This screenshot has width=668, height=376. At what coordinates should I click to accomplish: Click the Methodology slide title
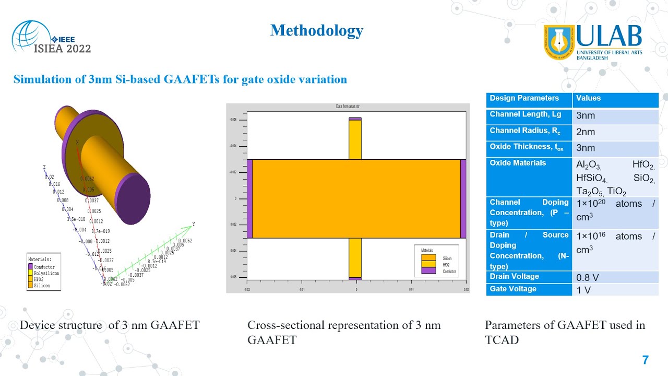click(316, 30)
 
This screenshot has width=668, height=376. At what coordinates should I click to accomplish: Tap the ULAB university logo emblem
click(558, 41)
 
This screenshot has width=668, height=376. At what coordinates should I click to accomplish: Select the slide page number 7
click(645, 360)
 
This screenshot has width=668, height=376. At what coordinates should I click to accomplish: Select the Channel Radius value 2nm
click(585, 132)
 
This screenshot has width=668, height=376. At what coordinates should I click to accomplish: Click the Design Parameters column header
click(524, 98)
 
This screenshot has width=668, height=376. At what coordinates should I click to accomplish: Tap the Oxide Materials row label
click(518, 163)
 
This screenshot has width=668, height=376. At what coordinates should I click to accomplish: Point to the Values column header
click(588, 98)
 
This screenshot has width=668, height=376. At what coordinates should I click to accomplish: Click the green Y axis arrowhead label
click(194, 224)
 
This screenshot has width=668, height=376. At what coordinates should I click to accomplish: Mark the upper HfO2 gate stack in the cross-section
click(355, 139)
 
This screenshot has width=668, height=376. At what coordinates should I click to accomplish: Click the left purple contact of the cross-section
click(249, 198)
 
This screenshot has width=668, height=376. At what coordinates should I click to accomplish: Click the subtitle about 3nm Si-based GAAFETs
click(180, 79)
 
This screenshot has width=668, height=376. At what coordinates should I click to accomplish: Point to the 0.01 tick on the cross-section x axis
click(411, 288)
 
